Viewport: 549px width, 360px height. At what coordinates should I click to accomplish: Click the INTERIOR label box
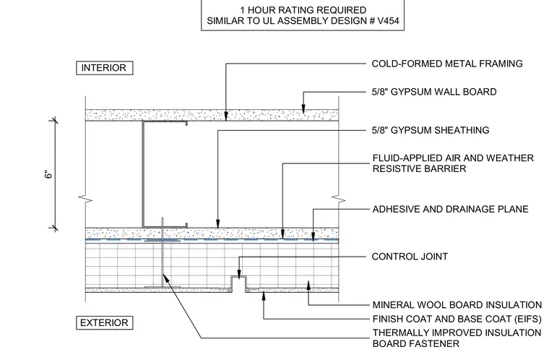(104, 68)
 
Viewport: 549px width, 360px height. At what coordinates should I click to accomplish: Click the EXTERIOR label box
(104, 322)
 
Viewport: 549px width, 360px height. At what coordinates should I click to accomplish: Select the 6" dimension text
(48, 174)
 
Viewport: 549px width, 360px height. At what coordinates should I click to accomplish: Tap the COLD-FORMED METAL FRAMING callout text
(447, 64)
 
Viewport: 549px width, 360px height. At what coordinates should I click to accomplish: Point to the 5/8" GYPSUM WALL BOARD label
(434, 92)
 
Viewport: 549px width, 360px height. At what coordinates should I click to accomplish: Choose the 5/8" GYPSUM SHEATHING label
(431, 130)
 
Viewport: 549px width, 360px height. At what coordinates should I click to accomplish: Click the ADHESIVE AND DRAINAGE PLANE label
(450, 209)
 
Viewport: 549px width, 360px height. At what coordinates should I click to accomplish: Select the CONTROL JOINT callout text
(410, 257)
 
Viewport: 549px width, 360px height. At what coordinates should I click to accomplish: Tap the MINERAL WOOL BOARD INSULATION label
(457, 305)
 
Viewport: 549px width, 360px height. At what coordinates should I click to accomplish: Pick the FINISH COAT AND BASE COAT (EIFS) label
(457, 319)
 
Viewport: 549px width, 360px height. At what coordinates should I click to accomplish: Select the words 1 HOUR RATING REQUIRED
(303, 10)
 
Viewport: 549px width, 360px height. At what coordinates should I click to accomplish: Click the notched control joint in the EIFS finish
(239, 283)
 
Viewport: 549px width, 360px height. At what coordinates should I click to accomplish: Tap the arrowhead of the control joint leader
(239, 275)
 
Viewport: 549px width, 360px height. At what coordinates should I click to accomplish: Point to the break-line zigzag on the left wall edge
(85, 198)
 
